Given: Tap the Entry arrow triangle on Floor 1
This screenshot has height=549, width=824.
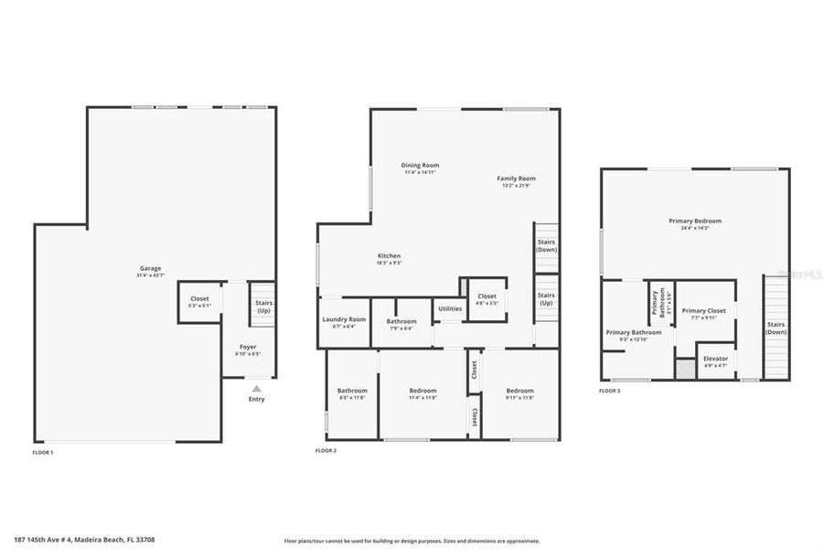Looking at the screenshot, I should [256, 388].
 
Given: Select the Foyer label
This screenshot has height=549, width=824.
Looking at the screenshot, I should [248, 347].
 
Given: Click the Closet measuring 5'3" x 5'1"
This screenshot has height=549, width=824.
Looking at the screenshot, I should [199, 301].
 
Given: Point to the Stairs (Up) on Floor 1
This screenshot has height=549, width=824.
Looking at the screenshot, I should [263, 306].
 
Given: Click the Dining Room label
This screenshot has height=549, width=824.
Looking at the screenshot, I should [420, 166].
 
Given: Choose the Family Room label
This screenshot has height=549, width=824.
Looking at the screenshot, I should [516, 178].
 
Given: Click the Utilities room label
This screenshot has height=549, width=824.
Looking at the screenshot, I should [449, 309].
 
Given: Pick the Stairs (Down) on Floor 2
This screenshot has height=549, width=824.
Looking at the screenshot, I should [546, 245].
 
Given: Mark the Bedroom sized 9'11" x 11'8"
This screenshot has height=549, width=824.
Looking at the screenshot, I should [519, 393].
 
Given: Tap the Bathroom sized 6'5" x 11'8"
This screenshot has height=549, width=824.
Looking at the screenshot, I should [351, 393].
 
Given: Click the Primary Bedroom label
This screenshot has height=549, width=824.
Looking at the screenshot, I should [695, 221].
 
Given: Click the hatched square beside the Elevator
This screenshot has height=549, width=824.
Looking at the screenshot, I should [684, 370].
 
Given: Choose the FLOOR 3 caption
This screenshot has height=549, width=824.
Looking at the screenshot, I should [609, 391].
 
